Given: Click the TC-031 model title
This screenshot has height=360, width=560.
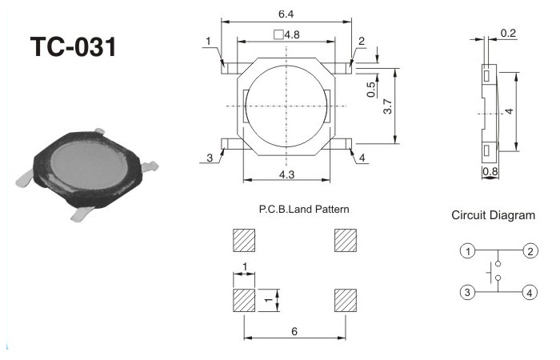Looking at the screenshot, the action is click(x=74, y=46).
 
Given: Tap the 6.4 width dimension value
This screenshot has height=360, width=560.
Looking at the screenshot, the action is click(x=286, y=14).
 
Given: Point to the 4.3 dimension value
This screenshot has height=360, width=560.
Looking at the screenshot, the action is click(x=286, y=174).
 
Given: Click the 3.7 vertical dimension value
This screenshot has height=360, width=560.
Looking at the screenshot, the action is click(x=387, y=106).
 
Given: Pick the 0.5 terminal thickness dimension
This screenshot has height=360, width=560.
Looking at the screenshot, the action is click(x=371, y=90).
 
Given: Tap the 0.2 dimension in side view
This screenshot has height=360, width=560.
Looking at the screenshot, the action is click(x=508, y=34).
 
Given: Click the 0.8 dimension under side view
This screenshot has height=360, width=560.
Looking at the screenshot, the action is click(x=490, y=171).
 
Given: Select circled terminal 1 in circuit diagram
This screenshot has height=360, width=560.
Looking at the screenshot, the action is click(x=467, y=251).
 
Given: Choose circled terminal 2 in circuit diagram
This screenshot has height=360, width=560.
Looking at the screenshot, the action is click(x=530, y=251).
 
